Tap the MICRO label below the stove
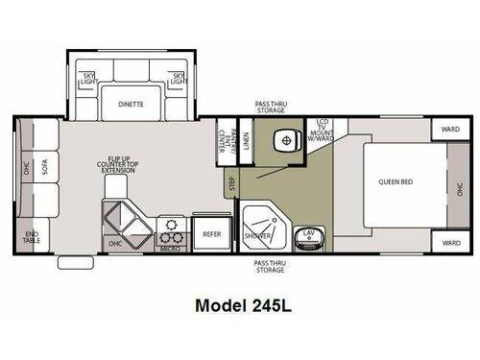click(171, 249)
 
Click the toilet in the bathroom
click(284, 141)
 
